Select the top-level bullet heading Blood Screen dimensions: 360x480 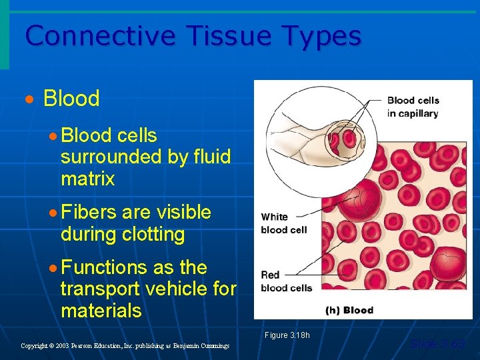(71, 99)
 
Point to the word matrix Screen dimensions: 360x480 (87, 179)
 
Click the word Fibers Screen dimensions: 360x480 (88, 213)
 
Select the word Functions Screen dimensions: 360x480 (104, 268)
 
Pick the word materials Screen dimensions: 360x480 (101, 311)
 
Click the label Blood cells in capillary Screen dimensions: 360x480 (413, 107)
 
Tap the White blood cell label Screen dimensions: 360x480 (283, 223)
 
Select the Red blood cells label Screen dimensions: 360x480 (286, 281)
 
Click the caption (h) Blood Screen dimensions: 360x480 (349, 310)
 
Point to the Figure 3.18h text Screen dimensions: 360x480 (287, 335)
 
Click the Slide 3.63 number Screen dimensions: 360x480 (437, 344)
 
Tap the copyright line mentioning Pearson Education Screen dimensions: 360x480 (125, 346)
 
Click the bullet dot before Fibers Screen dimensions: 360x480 (53, 213)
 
